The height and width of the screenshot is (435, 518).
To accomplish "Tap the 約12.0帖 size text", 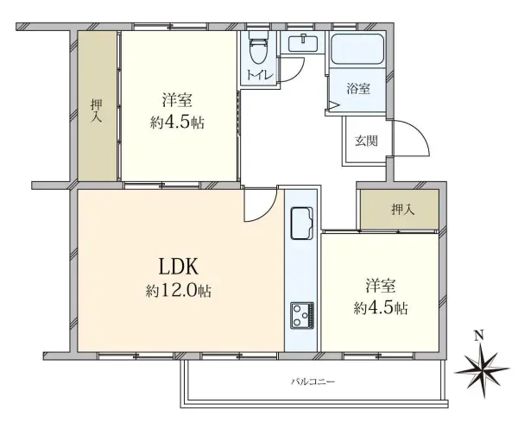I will click(180, 292).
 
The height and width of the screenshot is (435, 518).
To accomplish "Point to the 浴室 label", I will click(360, 87).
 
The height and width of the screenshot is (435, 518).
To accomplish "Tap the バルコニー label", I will click(312, 381).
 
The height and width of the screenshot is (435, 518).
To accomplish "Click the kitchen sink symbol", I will click(301, 224).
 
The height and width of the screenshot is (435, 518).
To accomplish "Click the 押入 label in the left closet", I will click(97, 110).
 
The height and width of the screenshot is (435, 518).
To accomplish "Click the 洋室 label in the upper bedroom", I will click(179, 98).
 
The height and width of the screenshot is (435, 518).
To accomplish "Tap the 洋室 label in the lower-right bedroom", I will click(381, 286).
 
